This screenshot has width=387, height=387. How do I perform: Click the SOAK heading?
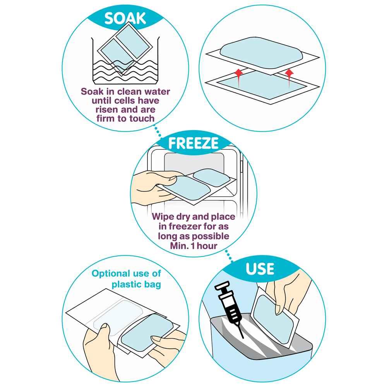point(125,18)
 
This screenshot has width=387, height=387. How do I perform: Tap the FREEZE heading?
point(193,143)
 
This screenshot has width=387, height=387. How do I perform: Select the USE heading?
point(260,269)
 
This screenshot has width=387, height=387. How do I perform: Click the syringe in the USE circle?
point(229,309)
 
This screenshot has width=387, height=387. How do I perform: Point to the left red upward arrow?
point(238,78)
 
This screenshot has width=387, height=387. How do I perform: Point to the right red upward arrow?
point(289,78)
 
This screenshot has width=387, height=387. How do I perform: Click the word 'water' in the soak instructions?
point(157,92)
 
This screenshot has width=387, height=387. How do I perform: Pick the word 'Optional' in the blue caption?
point(111,274)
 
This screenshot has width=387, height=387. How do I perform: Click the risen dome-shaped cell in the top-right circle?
point(261,53)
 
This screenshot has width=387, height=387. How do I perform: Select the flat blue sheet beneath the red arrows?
point(262,86)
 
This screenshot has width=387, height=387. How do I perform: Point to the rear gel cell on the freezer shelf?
point(211,178)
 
